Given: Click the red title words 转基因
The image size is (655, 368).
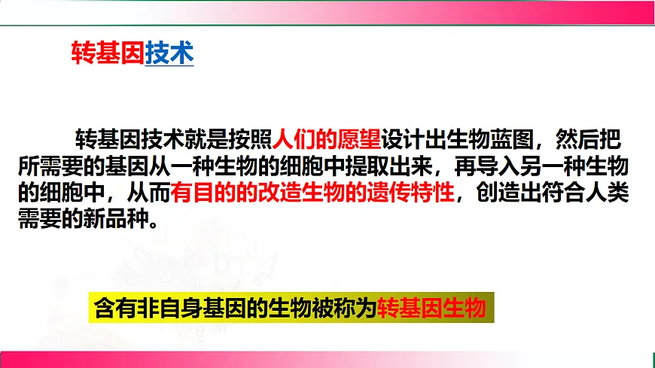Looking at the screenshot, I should (107, 53).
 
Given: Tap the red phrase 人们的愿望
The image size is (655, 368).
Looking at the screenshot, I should (326, 139).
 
